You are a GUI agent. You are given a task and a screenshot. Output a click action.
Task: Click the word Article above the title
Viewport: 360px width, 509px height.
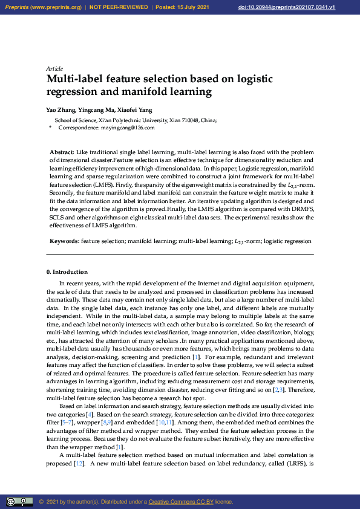54,68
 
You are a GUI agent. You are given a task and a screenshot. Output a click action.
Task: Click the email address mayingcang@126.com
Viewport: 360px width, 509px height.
127,128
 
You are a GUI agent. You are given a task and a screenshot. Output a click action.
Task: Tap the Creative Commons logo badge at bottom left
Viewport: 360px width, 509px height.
19,502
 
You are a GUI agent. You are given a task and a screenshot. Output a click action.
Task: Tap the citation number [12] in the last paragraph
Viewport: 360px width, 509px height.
78,464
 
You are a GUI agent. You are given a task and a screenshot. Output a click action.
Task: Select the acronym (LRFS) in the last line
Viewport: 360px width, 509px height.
287,464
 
